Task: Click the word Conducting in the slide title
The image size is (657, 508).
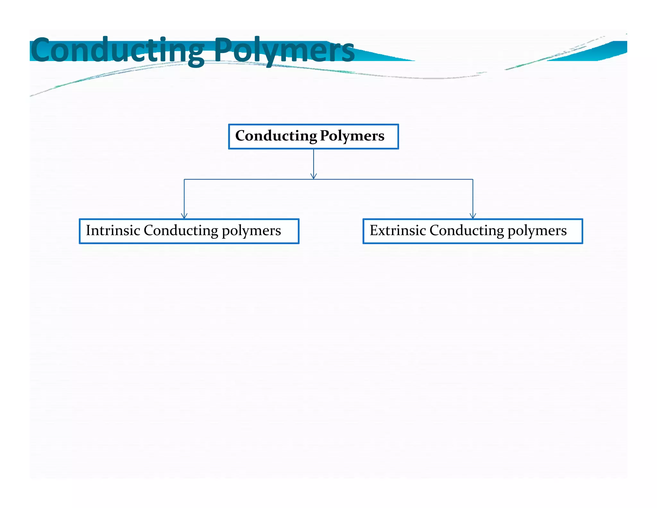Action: coord(117,50)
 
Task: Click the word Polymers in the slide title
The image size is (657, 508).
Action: coord(284,50)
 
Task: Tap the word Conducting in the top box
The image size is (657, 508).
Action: coord(276,136)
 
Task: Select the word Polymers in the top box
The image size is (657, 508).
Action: coord(352,136)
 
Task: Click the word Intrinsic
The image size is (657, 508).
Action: coord(113,231)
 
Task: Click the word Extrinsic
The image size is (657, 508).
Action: coord(397,231)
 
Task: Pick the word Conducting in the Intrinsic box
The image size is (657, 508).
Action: coord(181,231)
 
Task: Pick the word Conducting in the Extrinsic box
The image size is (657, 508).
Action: coord(466,231)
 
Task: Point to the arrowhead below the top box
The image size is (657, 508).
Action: coord(314,176)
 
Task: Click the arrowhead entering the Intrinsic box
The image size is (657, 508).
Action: coord(184,216)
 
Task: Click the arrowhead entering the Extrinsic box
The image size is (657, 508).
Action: coord(473,216)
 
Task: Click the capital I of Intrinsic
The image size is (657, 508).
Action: coord(89,231)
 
